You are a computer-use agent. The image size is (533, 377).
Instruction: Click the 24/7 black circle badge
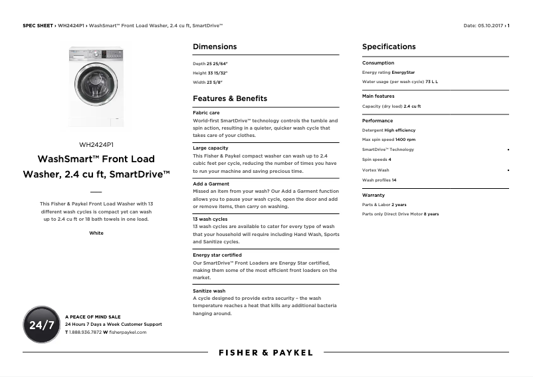[41, 324]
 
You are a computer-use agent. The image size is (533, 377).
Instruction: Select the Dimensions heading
[214, 47]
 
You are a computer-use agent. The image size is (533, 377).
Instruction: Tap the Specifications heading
[389, 47]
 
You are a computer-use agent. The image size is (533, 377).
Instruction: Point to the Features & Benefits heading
[230, 98]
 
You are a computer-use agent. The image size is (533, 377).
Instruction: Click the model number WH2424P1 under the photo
[96, 144]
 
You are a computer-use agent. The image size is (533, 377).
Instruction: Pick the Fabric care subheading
[206, 112]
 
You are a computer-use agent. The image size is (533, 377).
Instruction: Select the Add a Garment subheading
[211, 184]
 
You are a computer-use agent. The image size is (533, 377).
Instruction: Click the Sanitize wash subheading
[209, 291]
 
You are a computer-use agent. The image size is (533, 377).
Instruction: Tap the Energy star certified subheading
[217, 255]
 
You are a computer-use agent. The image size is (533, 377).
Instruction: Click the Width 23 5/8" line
[207, 82]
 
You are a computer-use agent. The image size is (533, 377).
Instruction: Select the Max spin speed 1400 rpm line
[389, 140]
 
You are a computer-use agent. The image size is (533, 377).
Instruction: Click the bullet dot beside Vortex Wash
[508, 170]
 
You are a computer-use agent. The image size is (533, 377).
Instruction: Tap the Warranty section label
[373, 195]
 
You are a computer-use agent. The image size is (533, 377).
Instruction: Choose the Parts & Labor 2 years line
[384, 205]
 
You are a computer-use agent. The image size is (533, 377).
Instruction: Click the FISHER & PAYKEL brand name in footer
[266, 352]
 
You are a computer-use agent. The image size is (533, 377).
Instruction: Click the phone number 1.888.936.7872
[85, 332]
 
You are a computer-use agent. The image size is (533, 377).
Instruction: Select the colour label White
[96, 233]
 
